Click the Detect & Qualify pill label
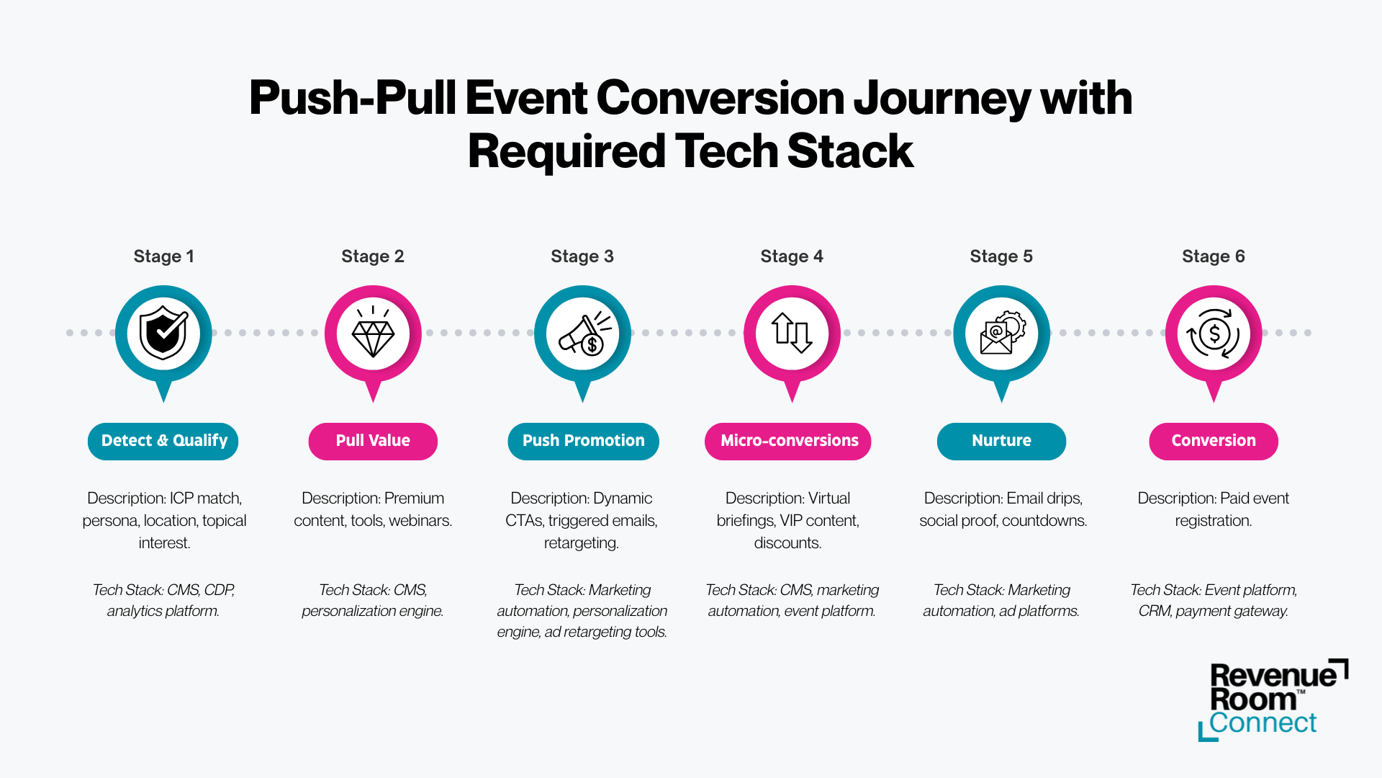[163, 441]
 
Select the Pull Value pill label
[373, 441]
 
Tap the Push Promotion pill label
[583, 441]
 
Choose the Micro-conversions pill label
[788, 441]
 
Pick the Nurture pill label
[1001, 441]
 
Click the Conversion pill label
[1214, 441]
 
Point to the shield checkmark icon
[163, 333]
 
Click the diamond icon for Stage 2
[373, 332]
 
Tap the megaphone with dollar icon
[584, 333]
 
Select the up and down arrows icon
[792, 332]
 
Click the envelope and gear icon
[1002, 333]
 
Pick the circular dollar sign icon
[1214, 334]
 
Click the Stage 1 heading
[163, 256]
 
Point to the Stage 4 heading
[792, 256]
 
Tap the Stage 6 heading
[1214, 256]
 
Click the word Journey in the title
[942, 99]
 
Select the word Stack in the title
[850, 151]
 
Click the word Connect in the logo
[1263, 723]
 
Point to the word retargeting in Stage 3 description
[581, 543]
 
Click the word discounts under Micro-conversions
[787, 543]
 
